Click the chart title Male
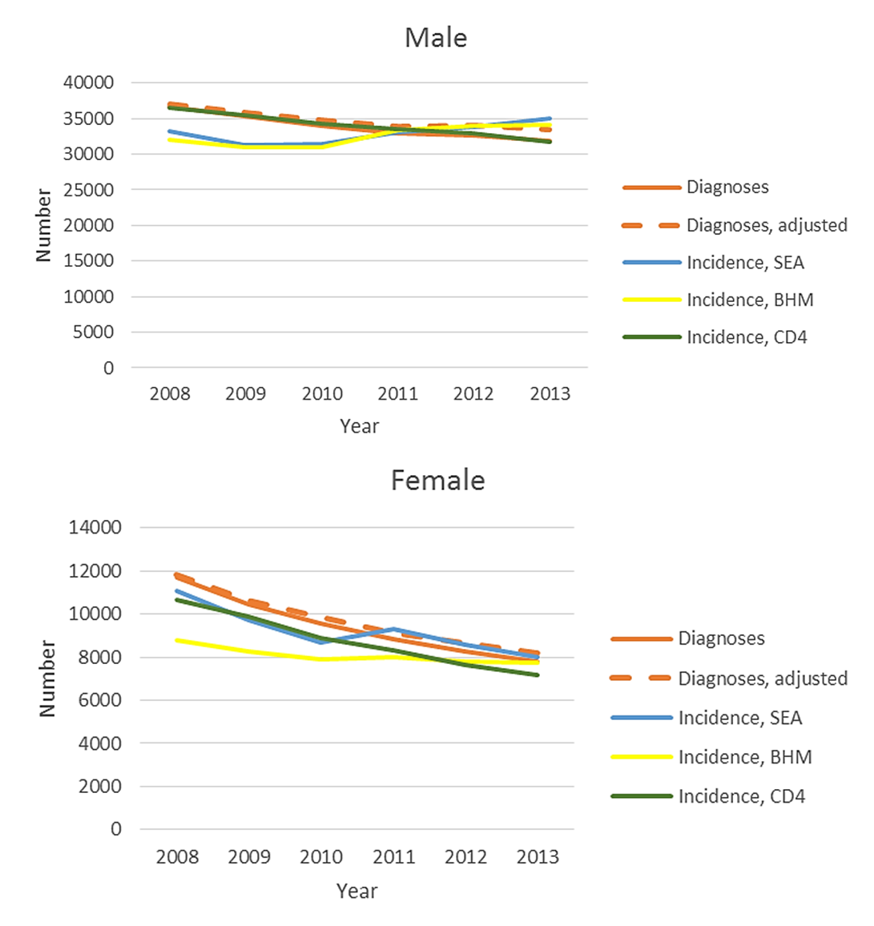(x=436, y=38)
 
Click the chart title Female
(x=437, y=480)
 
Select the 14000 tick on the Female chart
(x=95, y=528)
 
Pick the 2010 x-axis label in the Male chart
(x=322, y=394)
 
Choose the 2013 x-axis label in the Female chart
(x=538, y=857)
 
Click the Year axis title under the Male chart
(x=359, y=426)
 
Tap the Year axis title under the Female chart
(x=356, y=891)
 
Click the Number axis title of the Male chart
(x=43, y=225)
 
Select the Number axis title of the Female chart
(x=47, y=678)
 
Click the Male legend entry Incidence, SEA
(x=745, y=263)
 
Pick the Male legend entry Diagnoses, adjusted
(x=767, y=225)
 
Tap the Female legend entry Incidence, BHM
(x=745, y=757)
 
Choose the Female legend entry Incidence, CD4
(x=742, y=796)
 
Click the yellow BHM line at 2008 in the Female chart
(x=177, y=640)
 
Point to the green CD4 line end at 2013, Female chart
(x=538, y=675)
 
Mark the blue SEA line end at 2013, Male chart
(x=550, y=119)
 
